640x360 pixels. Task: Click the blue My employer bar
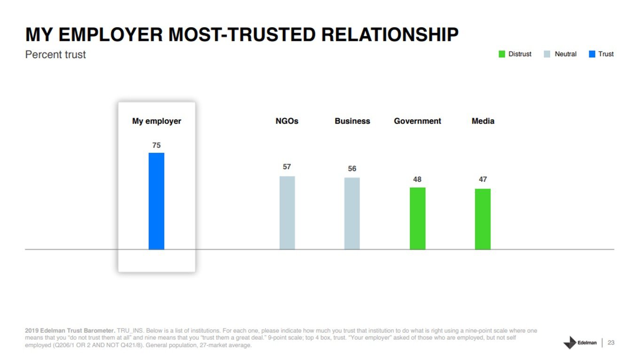tap(156, 201)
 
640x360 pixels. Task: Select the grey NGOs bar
tap(287, 213)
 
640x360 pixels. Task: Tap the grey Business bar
tap(352, 213)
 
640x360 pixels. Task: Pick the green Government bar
tap(417, 219)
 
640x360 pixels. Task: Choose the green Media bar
tap(483, 219)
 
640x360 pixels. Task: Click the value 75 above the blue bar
tap(156, 146)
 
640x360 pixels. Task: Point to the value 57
tap(287, 167)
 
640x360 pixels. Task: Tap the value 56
tap(352, 169)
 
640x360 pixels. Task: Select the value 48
tap(417, 180)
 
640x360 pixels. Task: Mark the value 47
tap(483, 180)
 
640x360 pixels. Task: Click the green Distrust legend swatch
tap(502, 54)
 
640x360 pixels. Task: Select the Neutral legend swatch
tap(547, 54)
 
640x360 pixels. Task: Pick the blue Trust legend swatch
tap(592, 54)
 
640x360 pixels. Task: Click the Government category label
tap(417, 121)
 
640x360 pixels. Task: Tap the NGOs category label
tap(287, 121)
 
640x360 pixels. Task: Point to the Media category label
tap(483, 121)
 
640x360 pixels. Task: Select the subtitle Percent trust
tap(55, 55)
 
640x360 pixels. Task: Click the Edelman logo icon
tap(570, 343)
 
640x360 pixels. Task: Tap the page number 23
tap(611, 343)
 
